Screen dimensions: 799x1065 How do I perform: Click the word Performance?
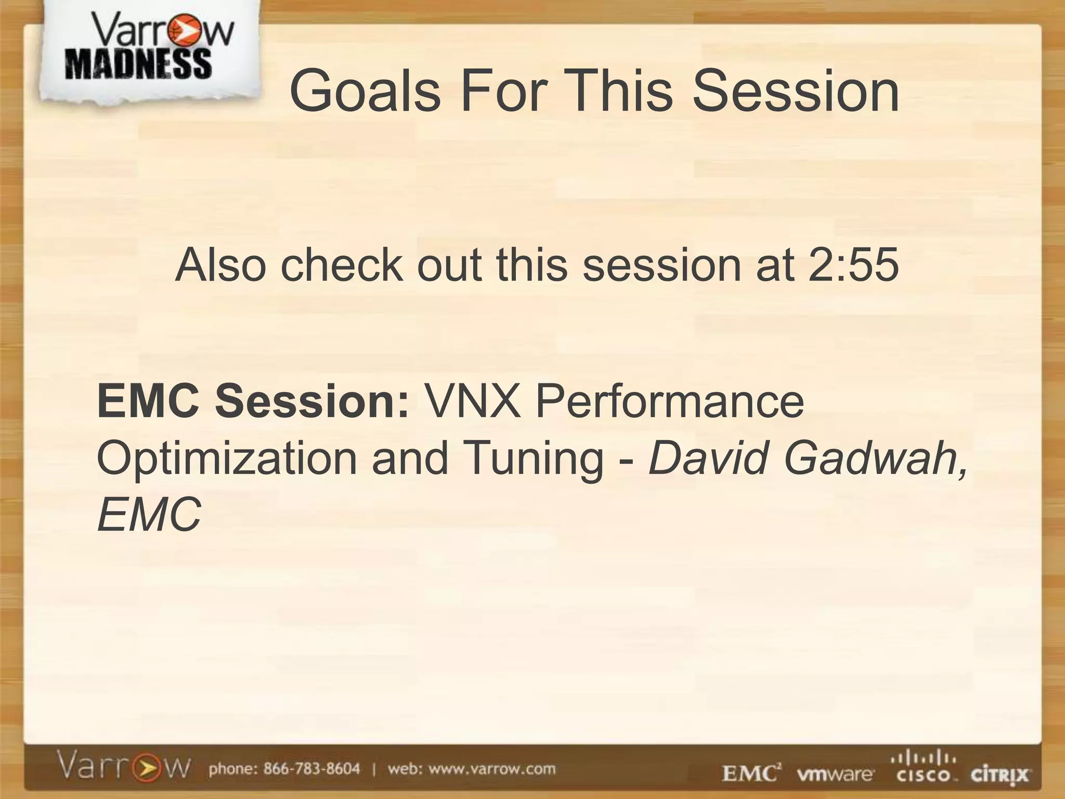(670, 401)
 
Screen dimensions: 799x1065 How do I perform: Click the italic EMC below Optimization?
(149, 514)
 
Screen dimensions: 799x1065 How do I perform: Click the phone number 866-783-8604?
(311, 769)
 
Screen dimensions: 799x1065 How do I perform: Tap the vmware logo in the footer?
(836, 775)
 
